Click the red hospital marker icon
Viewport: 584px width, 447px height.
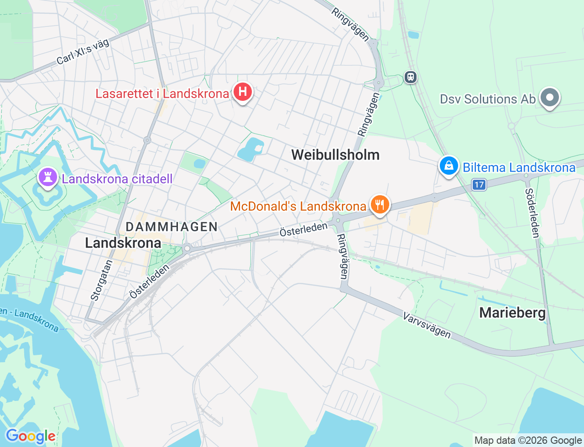pos(243,92)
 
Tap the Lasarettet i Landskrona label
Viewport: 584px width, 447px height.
pos(162,94)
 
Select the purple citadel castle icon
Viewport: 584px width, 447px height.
pos(48,177)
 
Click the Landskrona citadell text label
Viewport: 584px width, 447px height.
pos(117,179)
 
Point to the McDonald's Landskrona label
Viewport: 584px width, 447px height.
pos(298,207)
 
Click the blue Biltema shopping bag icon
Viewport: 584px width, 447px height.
pos(449,166)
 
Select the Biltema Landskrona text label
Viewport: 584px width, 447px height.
pos(519,168)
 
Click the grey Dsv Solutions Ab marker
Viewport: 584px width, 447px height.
pos(549,98)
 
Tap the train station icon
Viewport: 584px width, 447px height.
pos(411,77)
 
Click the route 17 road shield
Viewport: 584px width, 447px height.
pos(479,185)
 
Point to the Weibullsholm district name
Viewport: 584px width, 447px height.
pos(335,155)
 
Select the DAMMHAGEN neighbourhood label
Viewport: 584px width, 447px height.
pos(172,227)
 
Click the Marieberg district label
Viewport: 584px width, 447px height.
pos(512,313)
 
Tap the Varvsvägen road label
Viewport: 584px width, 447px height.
pos(427,325)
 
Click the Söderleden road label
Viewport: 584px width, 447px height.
pos(532,213)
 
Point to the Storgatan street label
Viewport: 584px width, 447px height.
pos(101,280)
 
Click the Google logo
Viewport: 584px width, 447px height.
pos(30,436)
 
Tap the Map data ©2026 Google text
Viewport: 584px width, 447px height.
pos(528,441)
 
